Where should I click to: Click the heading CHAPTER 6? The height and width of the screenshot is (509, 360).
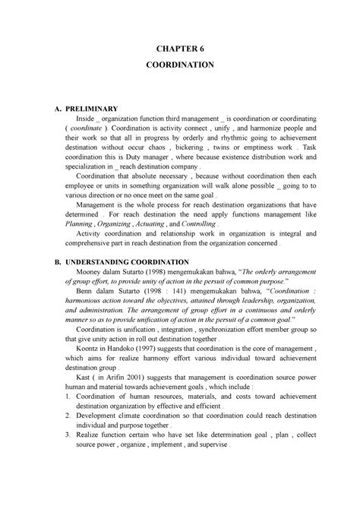(x=179, y=49)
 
